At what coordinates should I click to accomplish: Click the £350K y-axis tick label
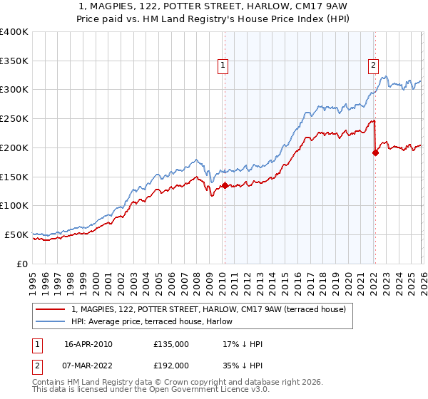click(14, 61)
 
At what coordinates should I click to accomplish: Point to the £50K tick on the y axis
click(16, 234)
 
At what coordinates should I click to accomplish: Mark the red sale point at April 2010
click(225, 185)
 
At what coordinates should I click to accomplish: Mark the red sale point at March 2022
click(375, 152)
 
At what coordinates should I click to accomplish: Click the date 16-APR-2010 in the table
click(88, 344)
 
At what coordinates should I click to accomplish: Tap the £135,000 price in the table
click(171, 344)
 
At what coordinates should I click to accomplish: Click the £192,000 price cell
click(171, 365)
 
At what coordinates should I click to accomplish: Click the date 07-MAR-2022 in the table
click(88, 365)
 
